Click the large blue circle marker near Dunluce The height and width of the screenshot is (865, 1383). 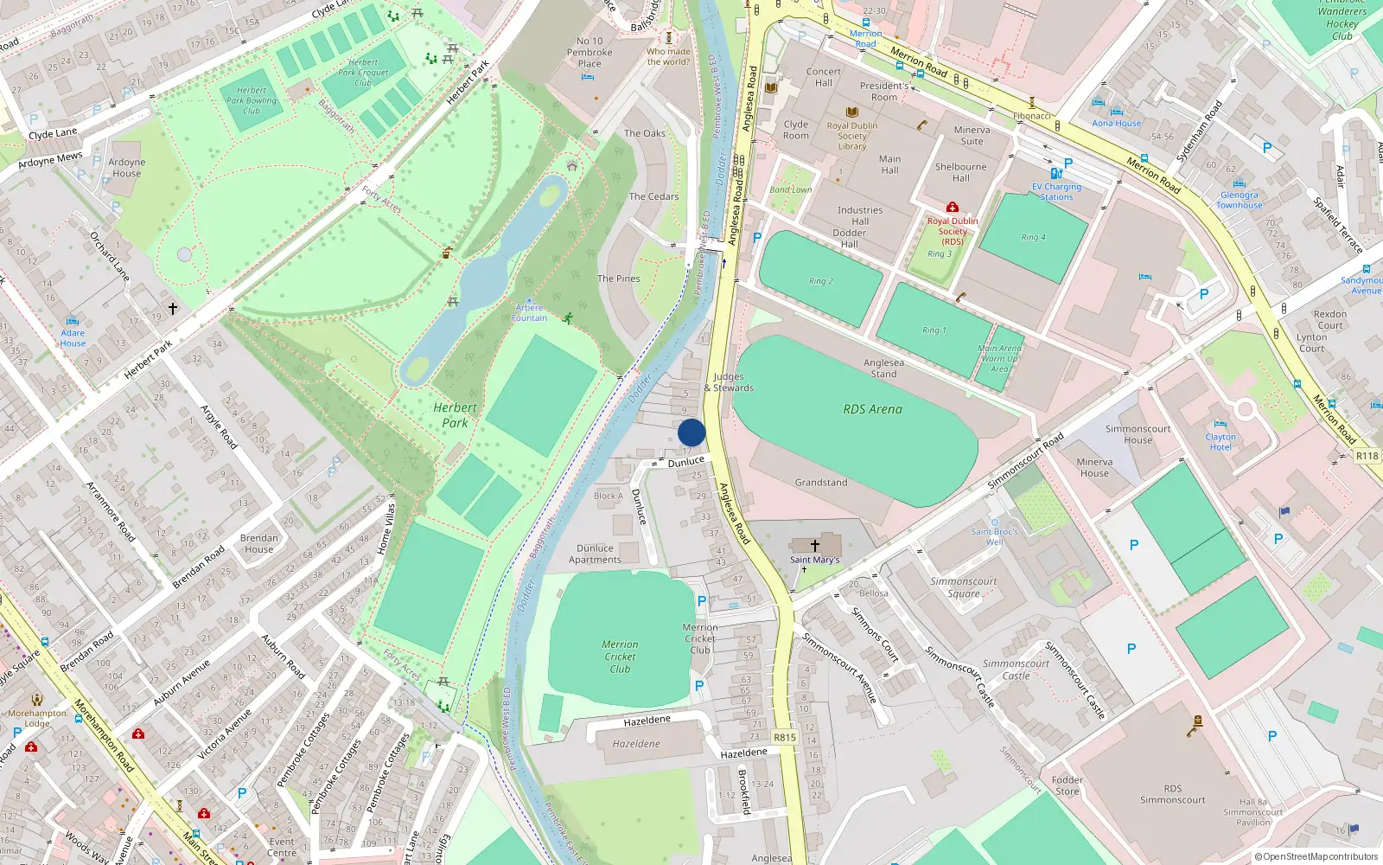coord(691,432)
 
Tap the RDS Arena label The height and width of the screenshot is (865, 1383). coord(872,409)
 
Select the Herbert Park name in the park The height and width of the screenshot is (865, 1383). coord(455,415)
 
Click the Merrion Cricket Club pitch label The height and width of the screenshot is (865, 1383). coord(620,657)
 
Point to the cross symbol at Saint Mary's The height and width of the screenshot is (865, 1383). coord(814,546)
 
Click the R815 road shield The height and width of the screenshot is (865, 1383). coord(784,738)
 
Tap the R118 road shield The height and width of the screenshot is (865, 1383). coord(1367,456)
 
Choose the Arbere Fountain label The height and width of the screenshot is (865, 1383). coord(529,312)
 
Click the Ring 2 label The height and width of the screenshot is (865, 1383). coord(820,281)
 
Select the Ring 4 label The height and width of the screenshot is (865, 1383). coord(1033,237)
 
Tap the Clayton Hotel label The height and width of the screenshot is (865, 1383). coord(1220,442)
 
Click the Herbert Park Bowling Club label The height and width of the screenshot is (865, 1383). coord(252,100)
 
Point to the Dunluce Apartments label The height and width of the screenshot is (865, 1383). coord(595,554)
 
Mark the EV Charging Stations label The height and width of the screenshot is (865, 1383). coord(1056,191)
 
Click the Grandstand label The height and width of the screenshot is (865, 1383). coord(820,483)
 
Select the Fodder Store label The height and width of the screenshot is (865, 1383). coord(1067,785)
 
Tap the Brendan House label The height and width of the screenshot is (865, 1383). coord(258,543)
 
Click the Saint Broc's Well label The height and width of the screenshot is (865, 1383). coord(994,536)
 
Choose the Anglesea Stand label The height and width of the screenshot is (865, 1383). coord(883,368)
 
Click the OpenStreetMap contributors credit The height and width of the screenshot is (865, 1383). coord(1316,856)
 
